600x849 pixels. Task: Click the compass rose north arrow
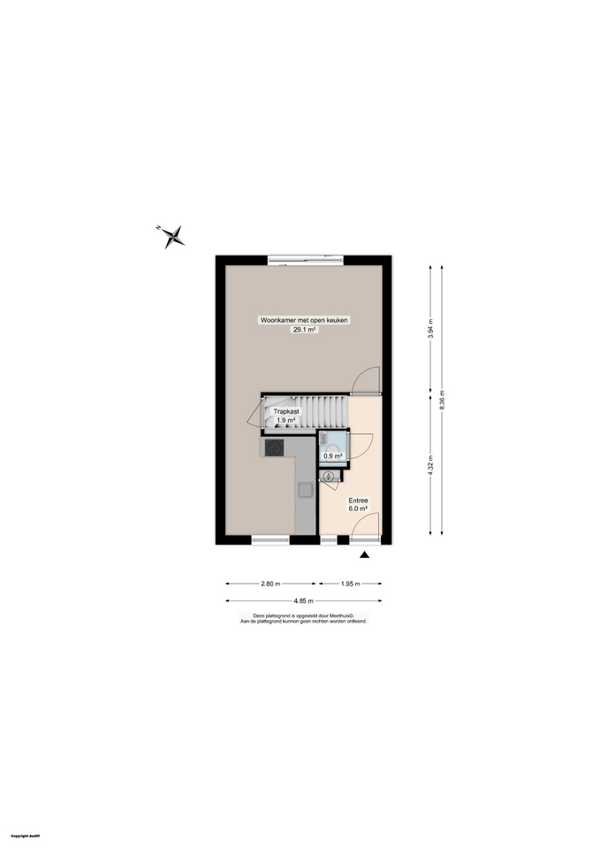[x=174, y=235]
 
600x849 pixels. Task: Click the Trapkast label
[x=285, y=411]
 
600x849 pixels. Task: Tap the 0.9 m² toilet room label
[x=332, y=456]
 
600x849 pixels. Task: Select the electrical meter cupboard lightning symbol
[x=330, y=478]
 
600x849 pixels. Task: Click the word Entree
[x=358, y=501]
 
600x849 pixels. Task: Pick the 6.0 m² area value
[x=358, y=509]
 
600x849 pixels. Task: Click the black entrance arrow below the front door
[x=364, y=555]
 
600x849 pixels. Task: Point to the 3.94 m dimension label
[x=430, y=328]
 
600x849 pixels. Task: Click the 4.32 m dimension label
[x=430, y=464]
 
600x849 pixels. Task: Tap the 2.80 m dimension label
[x=270, y=584]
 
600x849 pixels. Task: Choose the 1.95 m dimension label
[x=349, y=584]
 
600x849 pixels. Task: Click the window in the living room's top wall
[x=306, y=259]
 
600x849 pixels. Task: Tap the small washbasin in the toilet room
[x=325, y=439]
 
